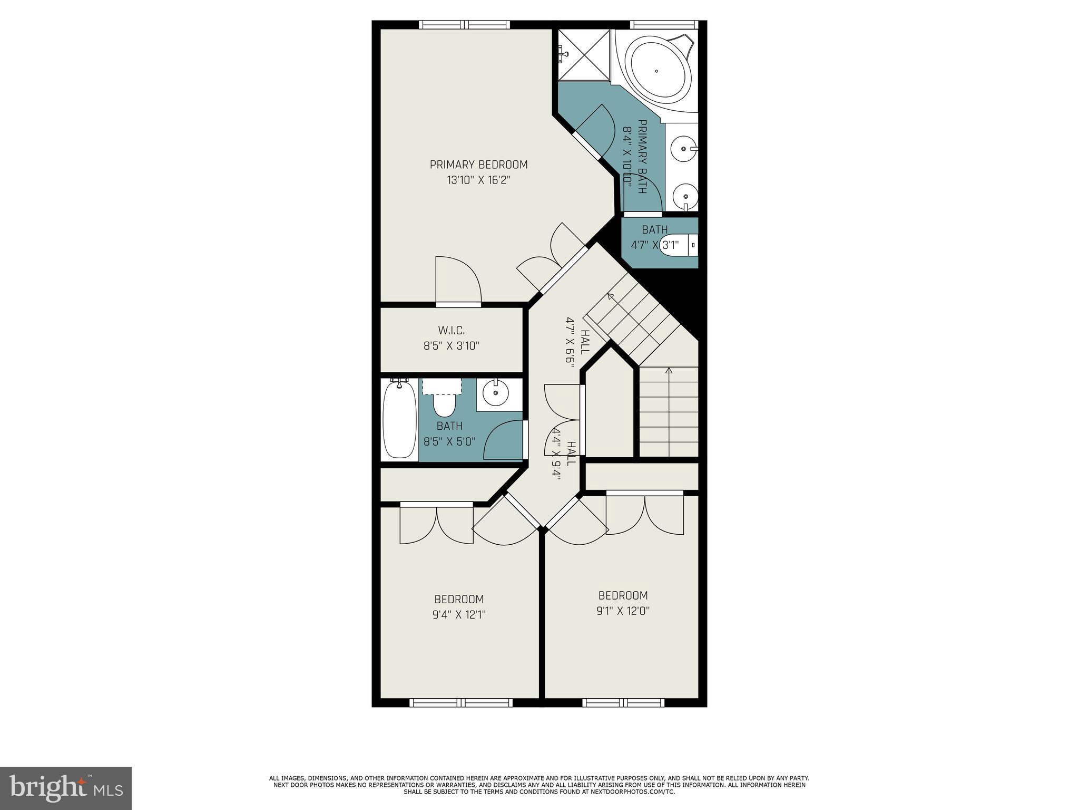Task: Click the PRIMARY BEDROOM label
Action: point(478,165)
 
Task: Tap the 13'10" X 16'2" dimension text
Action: point(478,180)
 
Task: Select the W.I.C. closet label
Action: point(452,331)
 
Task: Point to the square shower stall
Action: point(582,55)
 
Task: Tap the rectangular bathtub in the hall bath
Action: point(399,421)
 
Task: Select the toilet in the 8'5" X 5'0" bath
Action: point(444,405)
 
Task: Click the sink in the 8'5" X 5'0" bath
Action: point(496,392)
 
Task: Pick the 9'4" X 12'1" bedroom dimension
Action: point(459,615)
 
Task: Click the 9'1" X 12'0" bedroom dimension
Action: point(623,611)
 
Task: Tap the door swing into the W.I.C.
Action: point(457,280)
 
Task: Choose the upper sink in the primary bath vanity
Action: point(684,149)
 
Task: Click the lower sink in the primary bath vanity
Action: point(685,197)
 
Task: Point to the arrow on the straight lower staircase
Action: point(669,371)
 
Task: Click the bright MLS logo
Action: point(66,788)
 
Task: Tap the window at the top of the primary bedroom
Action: point(464,24)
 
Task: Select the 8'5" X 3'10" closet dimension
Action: point(452,346)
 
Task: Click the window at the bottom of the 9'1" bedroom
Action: point(623,702)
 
